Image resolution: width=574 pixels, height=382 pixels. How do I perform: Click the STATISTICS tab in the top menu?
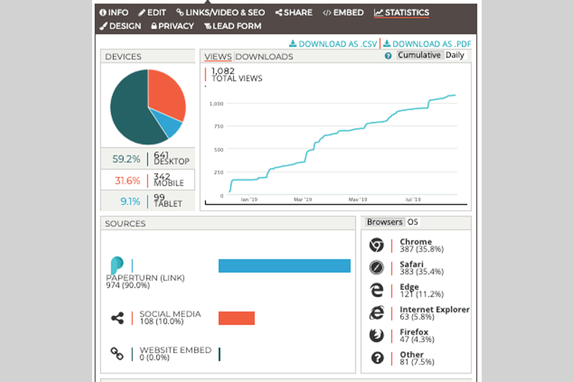coord(402,13)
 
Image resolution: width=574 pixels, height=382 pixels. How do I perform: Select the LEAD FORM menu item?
coord(233,26)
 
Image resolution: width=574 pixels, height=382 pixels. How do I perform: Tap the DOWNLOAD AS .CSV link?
coord(333,44)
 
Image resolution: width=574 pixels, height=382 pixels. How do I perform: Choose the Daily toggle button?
coord(454,56)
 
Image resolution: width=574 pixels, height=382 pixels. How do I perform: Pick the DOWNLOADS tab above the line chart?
coord(264,57)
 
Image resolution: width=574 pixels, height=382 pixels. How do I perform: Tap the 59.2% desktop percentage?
coord(126,159)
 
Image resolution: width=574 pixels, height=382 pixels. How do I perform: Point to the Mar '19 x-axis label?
coord(303,200)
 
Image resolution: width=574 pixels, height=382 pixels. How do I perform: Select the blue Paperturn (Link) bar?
coord(284,266)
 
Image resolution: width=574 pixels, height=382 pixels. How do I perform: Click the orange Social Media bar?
coord(236,318)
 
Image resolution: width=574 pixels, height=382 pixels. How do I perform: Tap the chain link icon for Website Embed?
coord(117,353)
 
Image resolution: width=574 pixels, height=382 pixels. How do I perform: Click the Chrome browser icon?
coord(376,245)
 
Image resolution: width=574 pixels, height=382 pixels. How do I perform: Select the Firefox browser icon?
coord(376,335)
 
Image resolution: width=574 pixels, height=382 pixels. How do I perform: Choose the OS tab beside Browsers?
coord(413,222)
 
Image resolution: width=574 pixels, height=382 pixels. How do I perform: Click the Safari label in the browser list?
coord(412,264)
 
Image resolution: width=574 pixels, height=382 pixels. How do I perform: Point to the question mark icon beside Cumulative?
coord(388,56)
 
